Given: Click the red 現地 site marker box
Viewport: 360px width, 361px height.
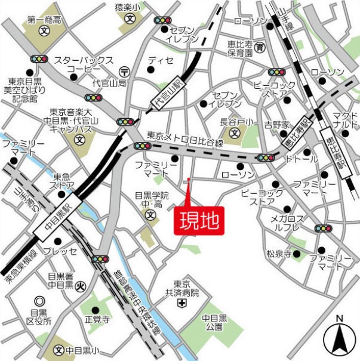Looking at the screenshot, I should (x=198, y=221).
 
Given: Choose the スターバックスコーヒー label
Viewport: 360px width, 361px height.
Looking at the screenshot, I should (x=84, y=64).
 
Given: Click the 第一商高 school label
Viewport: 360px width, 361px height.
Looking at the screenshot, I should (x=44, y=20).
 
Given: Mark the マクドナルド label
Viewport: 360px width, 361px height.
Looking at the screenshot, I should (x=344, y=120).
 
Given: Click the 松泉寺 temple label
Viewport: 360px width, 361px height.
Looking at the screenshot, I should (x=279, y=254).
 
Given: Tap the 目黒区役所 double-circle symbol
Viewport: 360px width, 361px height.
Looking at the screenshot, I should (x=40, y=301).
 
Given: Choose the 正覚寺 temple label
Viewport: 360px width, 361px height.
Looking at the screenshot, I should (x=97, y=320).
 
